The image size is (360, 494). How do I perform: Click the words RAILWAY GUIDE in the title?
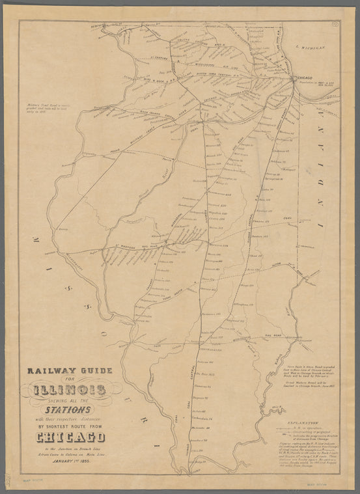69,371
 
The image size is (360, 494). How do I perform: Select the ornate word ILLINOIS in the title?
71,390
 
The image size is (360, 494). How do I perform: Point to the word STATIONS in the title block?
72,411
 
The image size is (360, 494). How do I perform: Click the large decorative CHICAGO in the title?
71,437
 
